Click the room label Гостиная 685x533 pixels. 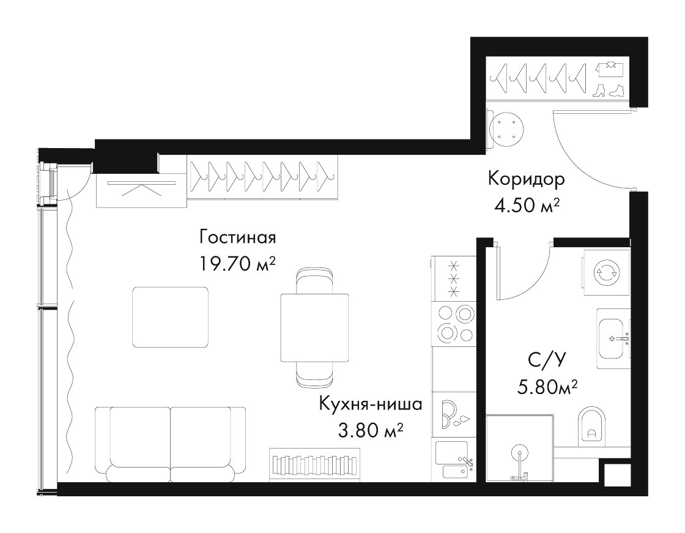(238, 238)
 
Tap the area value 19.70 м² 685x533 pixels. (237, 264)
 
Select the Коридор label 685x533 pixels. (526, 180)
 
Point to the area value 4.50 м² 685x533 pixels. (527, 204)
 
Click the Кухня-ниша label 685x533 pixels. (371, 404)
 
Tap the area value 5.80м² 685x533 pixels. (548, 386)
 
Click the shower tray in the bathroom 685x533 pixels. (519, 448)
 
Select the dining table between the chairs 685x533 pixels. (314, 328)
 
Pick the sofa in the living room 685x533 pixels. (171, 444)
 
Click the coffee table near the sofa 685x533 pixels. (171, 317)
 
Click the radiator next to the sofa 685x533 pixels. (314, 465)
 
